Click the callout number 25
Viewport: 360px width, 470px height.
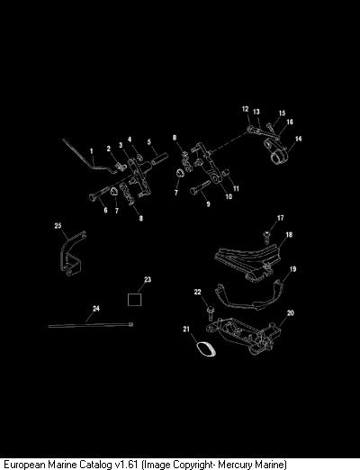point(58,225)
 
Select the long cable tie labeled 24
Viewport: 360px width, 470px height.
point(91,325)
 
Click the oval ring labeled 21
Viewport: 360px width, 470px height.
point(207,349)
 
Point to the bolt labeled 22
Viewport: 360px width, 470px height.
point(210,312)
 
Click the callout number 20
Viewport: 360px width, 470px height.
point(291,313)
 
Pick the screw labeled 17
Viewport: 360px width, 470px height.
point(266,237)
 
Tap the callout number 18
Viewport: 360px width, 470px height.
point(289,234)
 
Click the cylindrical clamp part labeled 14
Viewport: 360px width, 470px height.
point(276,151)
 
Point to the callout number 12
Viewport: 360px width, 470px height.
point(246,109)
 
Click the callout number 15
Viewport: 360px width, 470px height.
point(282,113)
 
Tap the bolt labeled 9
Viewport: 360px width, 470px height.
point(201,187)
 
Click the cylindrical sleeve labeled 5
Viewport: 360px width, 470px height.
point(159,158)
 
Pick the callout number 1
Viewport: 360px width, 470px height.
point(92,151)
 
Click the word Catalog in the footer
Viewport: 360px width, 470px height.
point(95,464)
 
